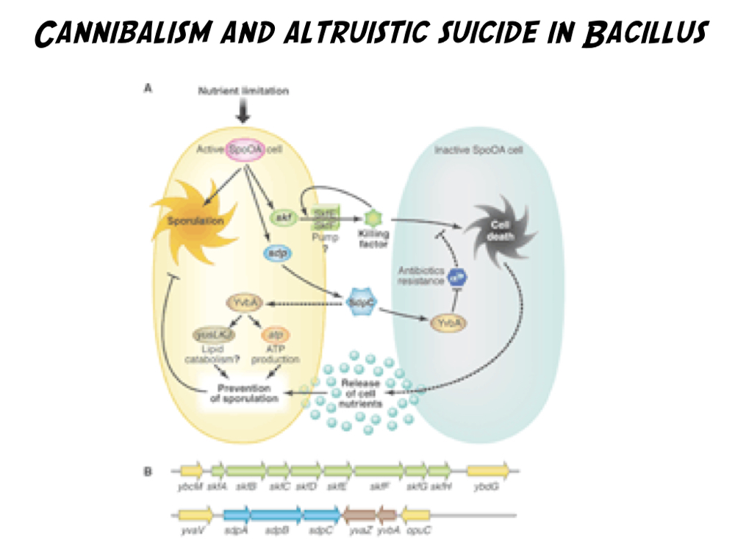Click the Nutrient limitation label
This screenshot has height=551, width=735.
243,91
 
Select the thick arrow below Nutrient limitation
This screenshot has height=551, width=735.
243,112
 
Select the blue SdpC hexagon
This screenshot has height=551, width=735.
361,302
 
